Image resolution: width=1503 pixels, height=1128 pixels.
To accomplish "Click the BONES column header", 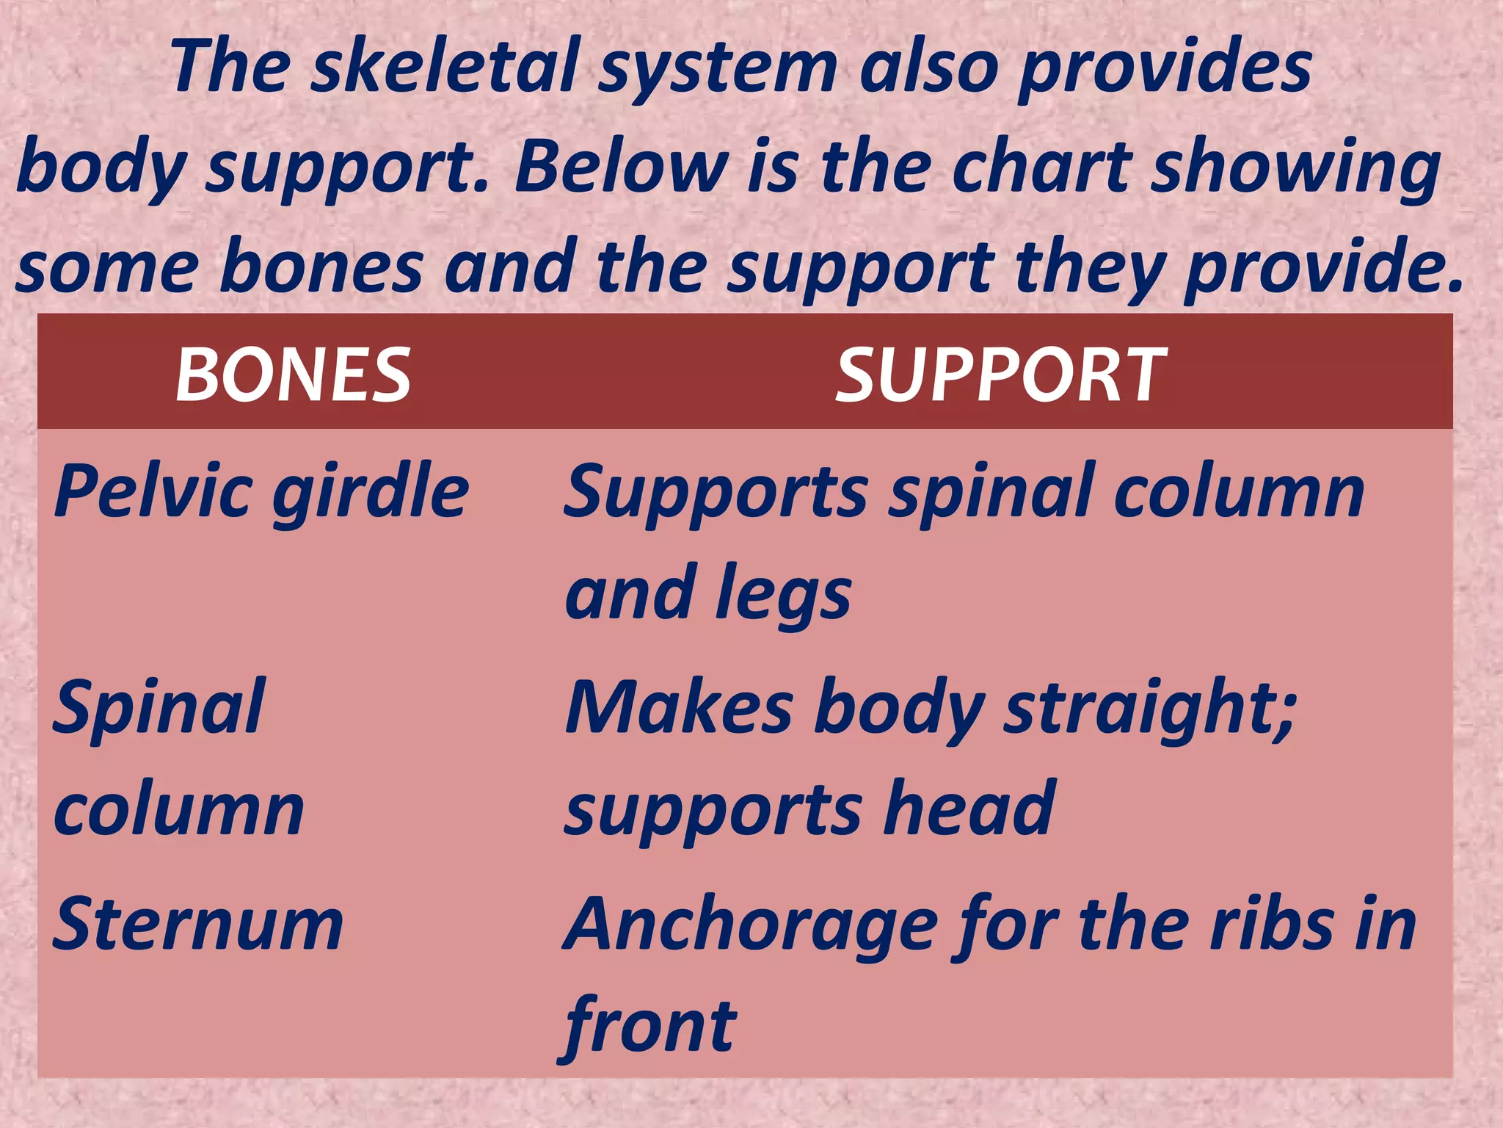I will pyautogui.click(x=293, y=375).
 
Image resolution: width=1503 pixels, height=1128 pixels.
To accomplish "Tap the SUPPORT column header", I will pyautogui.click(x=1001, y=375).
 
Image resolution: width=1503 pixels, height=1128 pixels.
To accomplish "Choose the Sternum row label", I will pyautogui.click(x=198, y=924).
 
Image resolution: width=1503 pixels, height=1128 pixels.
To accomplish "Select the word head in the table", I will pyautogui.click(x=969, y=809).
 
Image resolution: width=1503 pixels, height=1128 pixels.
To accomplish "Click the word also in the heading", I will pyautogui.click(x=928, y=68).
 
